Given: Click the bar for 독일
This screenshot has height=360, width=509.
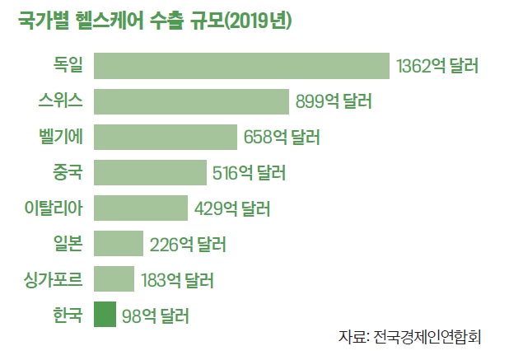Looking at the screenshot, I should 241,66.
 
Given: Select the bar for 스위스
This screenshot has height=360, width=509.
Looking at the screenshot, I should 191,101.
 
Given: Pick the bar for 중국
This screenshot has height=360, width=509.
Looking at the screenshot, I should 150,172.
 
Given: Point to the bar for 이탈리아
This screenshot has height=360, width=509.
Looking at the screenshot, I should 141,208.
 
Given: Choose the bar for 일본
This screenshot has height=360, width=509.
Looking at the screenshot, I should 119,244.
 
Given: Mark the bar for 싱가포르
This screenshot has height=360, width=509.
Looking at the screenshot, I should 114,279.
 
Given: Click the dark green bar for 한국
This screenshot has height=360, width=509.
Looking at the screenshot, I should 105,315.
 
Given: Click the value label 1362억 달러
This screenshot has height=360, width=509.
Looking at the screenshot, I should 437,66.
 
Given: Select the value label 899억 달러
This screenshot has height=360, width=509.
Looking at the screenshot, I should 334,101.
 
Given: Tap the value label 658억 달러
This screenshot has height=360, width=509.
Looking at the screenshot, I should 282,137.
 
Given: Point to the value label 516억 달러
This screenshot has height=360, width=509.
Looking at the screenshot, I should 249,172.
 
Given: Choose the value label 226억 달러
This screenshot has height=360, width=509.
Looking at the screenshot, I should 188,244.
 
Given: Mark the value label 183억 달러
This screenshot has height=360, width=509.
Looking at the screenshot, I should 177,279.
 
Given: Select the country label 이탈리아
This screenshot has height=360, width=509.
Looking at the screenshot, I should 54,208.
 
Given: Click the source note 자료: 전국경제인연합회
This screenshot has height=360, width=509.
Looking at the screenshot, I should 409,338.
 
